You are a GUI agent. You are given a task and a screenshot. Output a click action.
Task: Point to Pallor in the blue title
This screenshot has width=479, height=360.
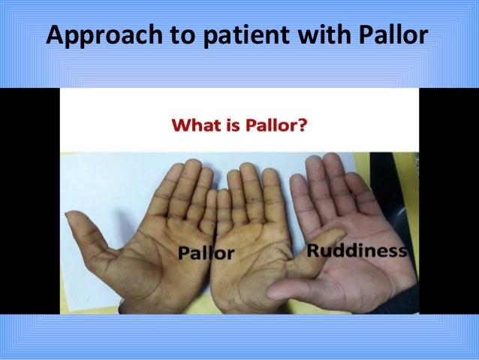pyautogui.click(x=397, y=36)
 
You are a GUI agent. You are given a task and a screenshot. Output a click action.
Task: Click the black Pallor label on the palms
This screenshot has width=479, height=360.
pyautogui.click(x=206, y=252)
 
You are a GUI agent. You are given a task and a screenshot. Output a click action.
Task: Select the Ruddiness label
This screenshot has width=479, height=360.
pyautogui.click(x=356, y=250)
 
